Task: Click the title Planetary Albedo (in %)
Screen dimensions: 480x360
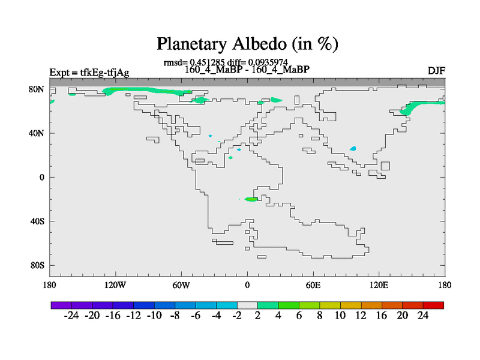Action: click(x=247, y=44)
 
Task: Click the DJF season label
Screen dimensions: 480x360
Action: click(x=436, y=71)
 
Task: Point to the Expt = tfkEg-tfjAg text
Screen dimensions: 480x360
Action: click(x=89, y=73)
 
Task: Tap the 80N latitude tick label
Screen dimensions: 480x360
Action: click(x=37, y=89)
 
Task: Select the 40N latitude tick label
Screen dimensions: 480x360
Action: click(x=37, y=133)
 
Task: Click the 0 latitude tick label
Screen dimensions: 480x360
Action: click(x=41, y=177)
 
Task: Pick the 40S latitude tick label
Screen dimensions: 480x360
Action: click(x=37, y=221)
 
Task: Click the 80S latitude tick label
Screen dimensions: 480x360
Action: click(x=37, y=265)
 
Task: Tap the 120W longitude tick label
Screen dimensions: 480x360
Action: click(x=115, y=286)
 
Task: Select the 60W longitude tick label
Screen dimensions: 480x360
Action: click(x=181, y=286)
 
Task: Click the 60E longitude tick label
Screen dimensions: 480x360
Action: click(x=313, y=286)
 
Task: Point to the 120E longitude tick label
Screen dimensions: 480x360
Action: click(x=379, y=286)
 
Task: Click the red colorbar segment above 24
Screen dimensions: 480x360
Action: click(x=433, y=305)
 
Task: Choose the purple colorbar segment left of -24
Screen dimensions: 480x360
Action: click(x=61, y=305)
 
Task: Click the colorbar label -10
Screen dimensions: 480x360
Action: click(x=154, y=316)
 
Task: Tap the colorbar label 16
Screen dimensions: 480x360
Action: click(x=382, y=316)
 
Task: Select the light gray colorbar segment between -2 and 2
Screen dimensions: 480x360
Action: click(x=247, y=305)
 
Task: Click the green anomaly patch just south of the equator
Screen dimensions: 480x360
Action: click(x=251, y=199)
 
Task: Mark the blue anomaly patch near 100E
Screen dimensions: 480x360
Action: click(x=353, y=148)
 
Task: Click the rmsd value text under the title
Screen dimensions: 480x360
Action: click(x=194, y=62)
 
